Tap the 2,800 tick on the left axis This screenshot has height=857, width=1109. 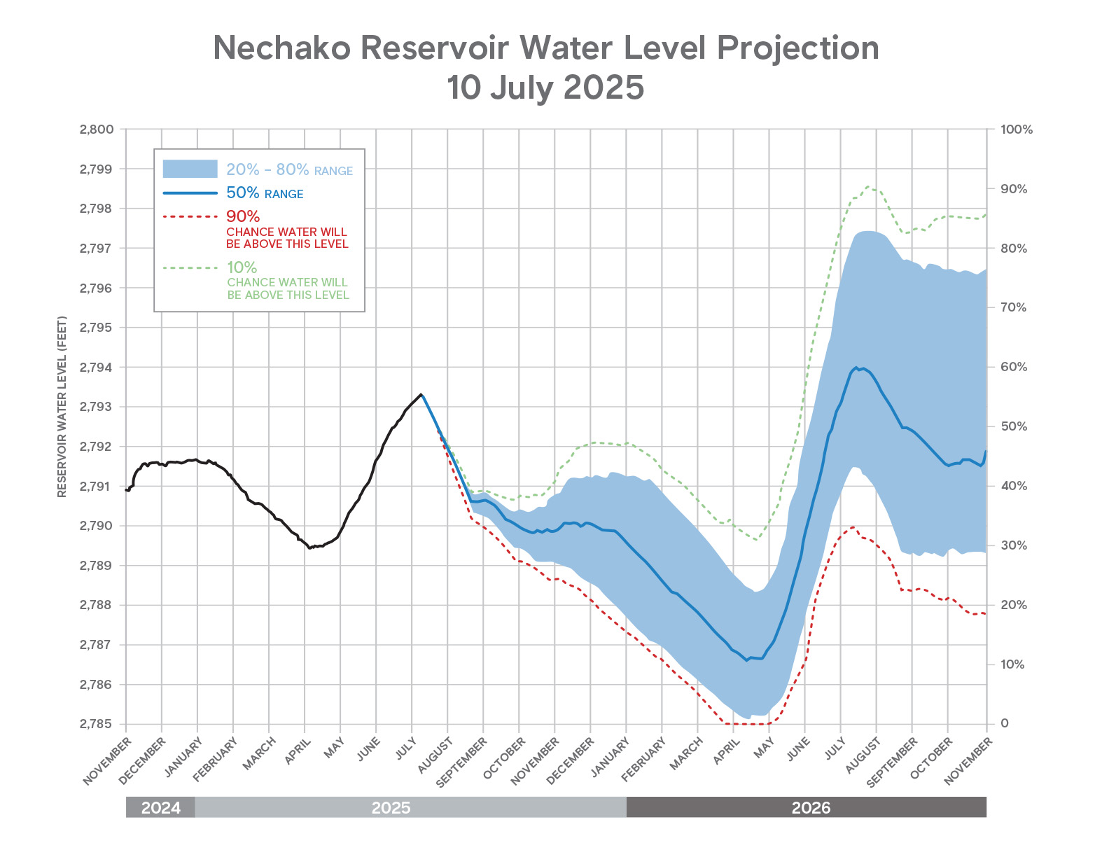tap(97, 130)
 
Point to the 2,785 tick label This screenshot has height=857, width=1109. tap(97, 724)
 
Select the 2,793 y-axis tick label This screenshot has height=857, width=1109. tap(97, 407)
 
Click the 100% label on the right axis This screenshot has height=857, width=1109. tap(1017, 130)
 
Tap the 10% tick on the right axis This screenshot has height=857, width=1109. tap(1012, 664)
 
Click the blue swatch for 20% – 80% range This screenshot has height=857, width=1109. tap(190, 169)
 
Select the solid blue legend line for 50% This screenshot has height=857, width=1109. tap(190, 193)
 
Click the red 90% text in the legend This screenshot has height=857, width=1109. tap(243, 216)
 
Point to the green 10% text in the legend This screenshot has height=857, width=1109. tap(242, 267)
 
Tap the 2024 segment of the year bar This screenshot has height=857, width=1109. tap(160, 807)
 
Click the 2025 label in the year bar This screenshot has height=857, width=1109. tap(391, 807)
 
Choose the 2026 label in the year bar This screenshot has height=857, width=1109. tap(811, 807)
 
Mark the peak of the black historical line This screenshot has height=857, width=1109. tap(420, 394)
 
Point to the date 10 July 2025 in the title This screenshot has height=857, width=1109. tap(545, 88)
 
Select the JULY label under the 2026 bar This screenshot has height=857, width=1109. tap(835, 751)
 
